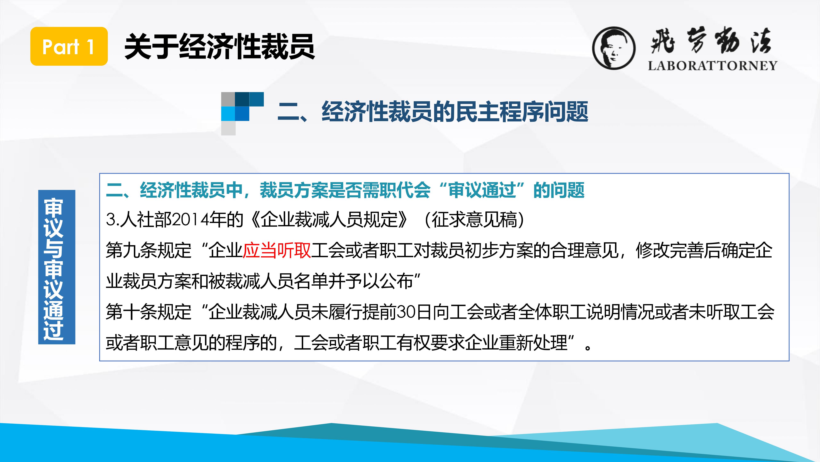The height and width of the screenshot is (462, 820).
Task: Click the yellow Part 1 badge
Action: pyautogui.click(x=69, y=46)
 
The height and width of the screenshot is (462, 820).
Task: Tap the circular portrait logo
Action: pyautogui.click(x=614, y=48)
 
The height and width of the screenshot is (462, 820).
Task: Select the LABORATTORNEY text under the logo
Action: pyautogui.click(x=712, y=66)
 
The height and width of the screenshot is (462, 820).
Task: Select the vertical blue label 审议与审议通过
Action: pyautogui.click(x=57, y=267)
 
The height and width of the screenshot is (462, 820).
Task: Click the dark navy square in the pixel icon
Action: pyautogui.click(x=242, y=99)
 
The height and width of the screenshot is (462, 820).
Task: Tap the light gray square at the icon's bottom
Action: pyautogui.click(x=228, y=128)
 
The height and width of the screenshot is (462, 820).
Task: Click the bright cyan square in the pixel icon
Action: pyautogui.click(x=228, y=114)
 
